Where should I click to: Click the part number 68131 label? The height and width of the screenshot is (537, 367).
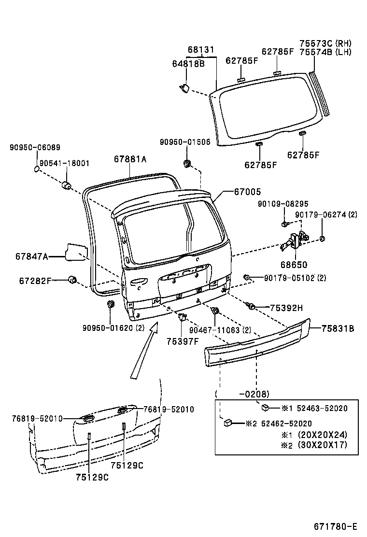201,50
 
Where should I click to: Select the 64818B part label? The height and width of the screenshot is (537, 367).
188,63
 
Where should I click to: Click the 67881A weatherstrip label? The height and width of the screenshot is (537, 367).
130,159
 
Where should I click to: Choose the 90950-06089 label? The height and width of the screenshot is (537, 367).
35,147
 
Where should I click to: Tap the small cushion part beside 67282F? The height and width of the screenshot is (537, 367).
74,280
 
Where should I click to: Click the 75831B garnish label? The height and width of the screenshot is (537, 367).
338,329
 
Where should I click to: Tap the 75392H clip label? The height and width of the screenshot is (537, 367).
286,308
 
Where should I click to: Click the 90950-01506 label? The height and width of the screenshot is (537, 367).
185,141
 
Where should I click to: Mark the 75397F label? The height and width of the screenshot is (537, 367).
183,341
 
